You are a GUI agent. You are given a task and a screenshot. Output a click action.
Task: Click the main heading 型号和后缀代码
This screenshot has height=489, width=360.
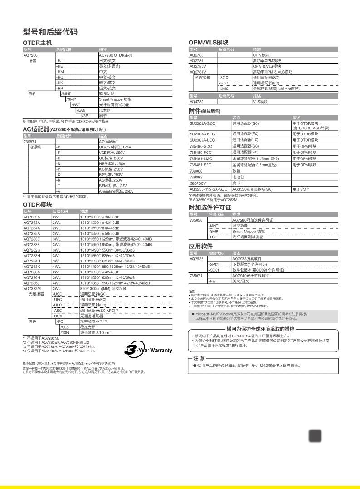click(x=50, y=32)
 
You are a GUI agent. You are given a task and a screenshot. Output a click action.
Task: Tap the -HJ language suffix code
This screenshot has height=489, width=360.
click(x=59, y=60)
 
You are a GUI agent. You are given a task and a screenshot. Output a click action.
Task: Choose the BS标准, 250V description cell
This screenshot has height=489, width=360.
click(x=111, y=175)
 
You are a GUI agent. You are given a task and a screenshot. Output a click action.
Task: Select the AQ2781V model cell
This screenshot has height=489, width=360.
click(x=197, y=72)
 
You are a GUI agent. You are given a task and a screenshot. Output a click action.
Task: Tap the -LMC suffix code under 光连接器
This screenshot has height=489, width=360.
click(x=224, y=89)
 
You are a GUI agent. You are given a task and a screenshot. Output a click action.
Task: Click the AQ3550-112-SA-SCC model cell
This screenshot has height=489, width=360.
click(x=209, y=189)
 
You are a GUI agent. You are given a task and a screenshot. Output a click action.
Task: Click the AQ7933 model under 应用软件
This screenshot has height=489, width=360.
click(x=196, y=259)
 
